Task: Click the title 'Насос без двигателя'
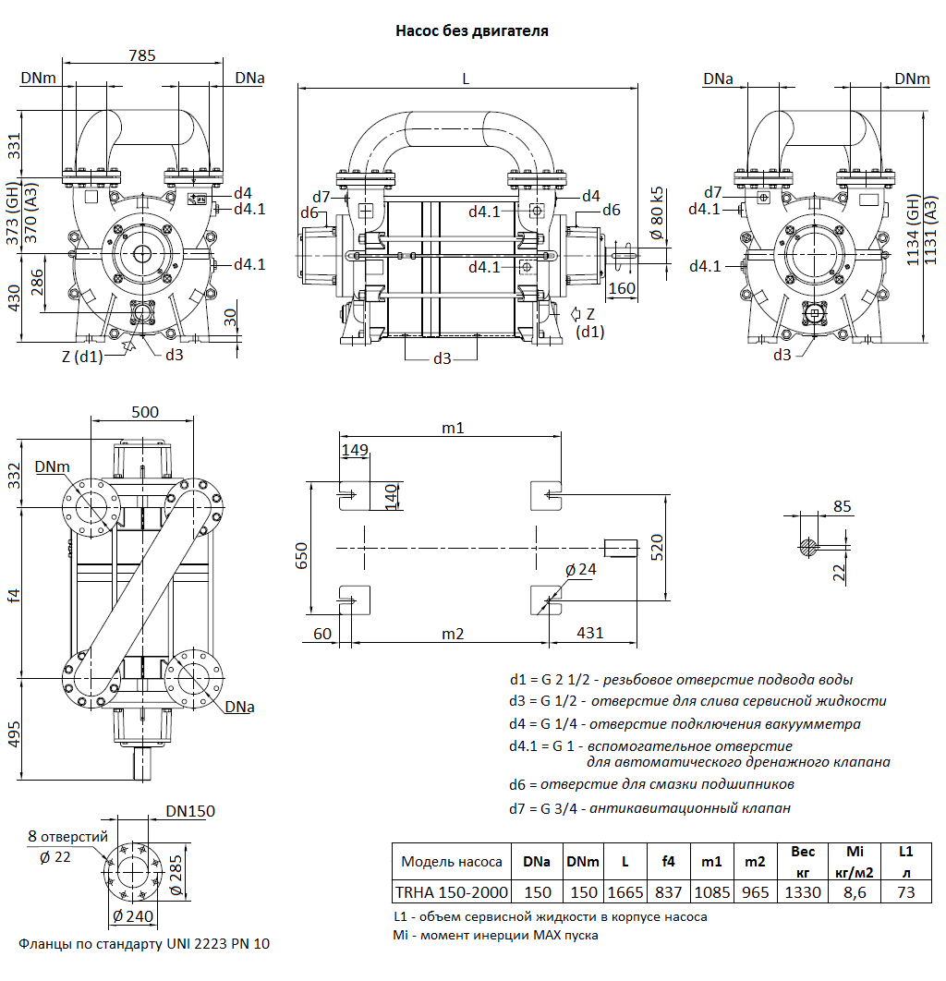472,30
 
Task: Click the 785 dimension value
141,56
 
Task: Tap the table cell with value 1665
625,892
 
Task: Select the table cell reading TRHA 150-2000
451,892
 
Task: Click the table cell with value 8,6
854,892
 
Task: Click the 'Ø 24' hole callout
580,570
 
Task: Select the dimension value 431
589,633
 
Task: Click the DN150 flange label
190,811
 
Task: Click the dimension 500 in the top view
144,412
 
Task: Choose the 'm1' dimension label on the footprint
452,428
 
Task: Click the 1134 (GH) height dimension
914,231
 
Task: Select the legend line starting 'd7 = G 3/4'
649,808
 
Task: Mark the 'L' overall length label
466,79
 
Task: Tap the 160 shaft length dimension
623,287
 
